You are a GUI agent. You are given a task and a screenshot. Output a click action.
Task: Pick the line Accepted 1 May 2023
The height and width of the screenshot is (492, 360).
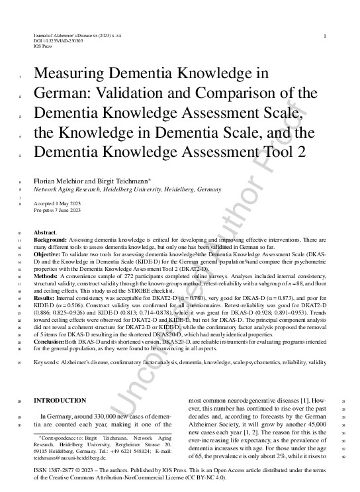point(58,203)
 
